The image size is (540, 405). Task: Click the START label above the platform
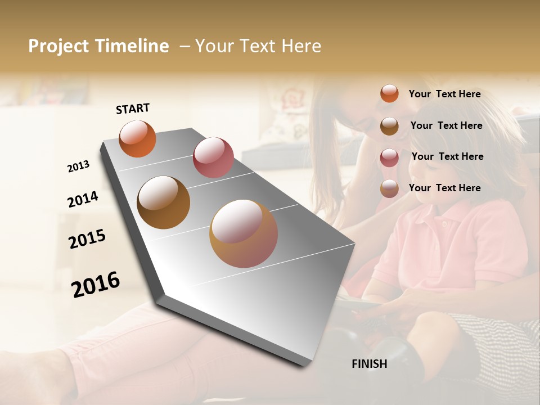point(133,109)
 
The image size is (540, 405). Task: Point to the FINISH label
point(369,364)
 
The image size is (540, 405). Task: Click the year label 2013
point(79,166)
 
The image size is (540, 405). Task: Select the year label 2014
point(83,200)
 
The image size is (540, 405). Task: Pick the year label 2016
point(96,285)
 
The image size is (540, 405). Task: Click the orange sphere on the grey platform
point(137,138)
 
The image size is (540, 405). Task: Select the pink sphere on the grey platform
point(213,157)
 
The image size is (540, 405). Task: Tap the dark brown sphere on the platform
point(164,202)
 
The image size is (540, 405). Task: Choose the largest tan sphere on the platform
point(244,233)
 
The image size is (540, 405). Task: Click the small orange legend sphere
point(389,93)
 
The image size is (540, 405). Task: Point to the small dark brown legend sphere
point(389,126)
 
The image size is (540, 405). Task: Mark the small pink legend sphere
point(389,157)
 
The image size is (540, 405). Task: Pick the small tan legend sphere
point(389,189)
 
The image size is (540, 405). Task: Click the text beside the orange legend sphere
point(444,94)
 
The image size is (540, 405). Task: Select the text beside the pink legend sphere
point(447,156)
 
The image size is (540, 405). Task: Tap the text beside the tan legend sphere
point(444,188)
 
